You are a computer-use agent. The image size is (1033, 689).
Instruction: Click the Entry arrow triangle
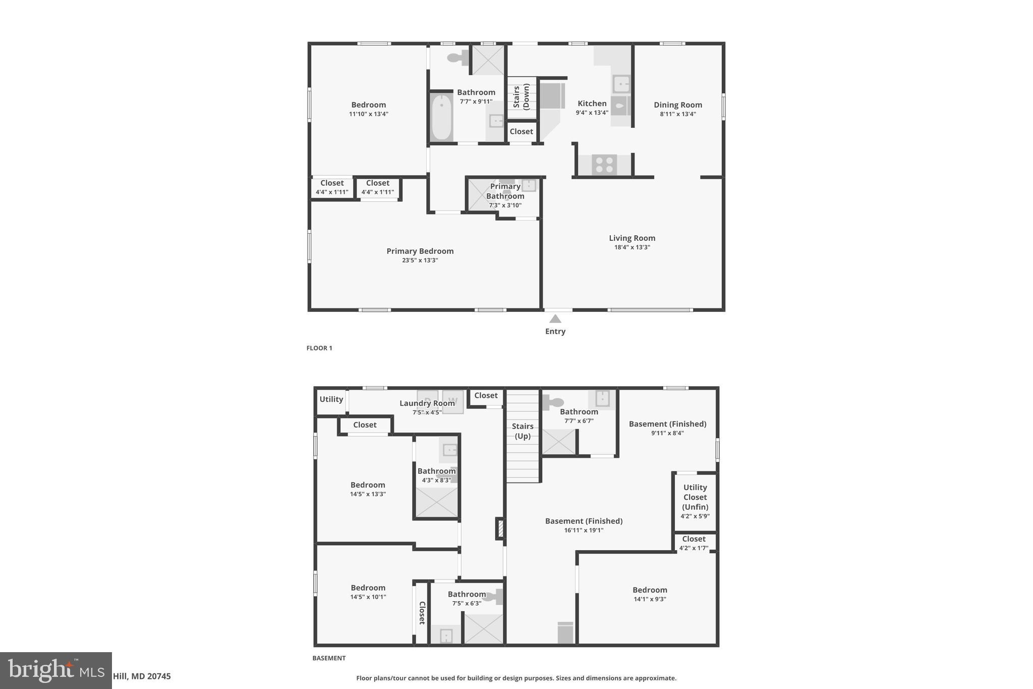pos(555,319)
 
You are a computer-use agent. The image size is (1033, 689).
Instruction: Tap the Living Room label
pos(632,238)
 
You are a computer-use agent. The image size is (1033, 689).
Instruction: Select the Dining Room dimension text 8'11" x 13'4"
pos(677,114)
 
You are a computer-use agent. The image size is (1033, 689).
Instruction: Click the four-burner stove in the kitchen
pos(604,165)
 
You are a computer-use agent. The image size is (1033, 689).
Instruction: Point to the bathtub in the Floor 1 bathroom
pos(442,117)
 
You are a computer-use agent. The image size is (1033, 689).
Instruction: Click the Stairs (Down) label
pos(522,96)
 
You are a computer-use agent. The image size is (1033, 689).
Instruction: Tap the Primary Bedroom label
pos(420,251)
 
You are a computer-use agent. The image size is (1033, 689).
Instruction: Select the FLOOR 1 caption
pos(319,348)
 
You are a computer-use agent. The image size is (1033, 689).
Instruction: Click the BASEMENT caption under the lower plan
pos(329,658)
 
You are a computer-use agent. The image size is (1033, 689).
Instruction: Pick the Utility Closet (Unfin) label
pos(695,497)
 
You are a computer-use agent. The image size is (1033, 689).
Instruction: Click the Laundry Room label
pos(427,403)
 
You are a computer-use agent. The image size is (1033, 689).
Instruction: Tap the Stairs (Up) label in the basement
pos(523,431)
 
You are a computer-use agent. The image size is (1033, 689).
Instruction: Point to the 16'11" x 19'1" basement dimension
pos(584,530)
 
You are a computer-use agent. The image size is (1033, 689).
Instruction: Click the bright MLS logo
pos(56,670)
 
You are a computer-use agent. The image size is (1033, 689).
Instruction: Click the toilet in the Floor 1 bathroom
pos(457,58)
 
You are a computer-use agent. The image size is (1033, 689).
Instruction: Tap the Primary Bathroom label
pos(505,191)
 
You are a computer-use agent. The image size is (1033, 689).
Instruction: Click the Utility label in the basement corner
pos(331,399)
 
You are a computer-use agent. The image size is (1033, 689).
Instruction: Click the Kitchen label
pos(592,103)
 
